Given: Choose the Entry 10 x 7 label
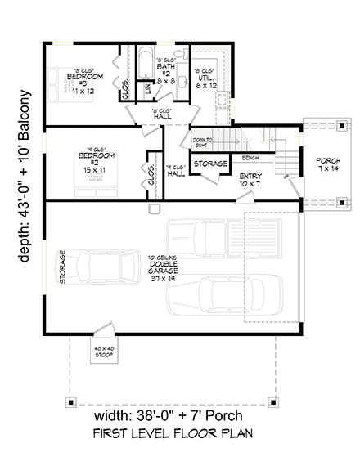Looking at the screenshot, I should [x=250, y=181].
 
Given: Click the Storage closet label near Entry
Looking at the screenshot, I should [x=210, y=164].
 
